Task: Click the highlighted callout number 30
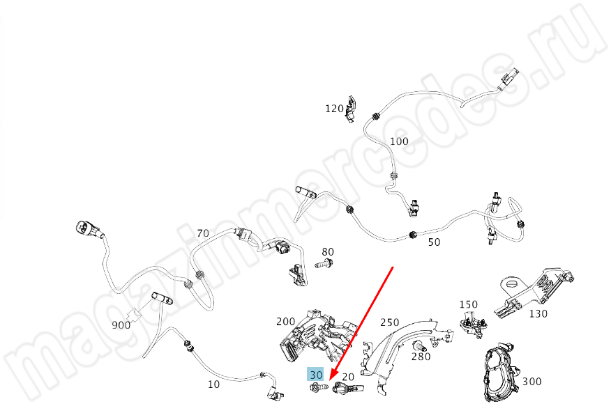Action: pyautogui.click(x=316, y=375)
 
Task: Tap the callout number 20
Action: pyautogui.click(x=348, y=377)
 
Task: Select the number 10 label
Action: pyautogui.click(x=213, y=384)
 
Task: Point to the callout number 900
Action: pyautogui.click(x=121, y=325)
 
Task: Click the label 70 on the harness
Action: pyautogui.click(x=203, y=233)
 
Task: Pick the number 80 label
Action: pyautogui.click(x=328, y=251)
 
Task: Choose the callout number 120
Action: pyautogui.click(x=334, y=109)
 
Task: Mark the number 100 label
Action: pyautogui.click(x=400, y=141)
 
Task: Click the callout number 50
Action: pyautogui.click(x=434, y=242)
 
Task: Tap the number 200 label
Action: pyautogui.click(x=286, y=322)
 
